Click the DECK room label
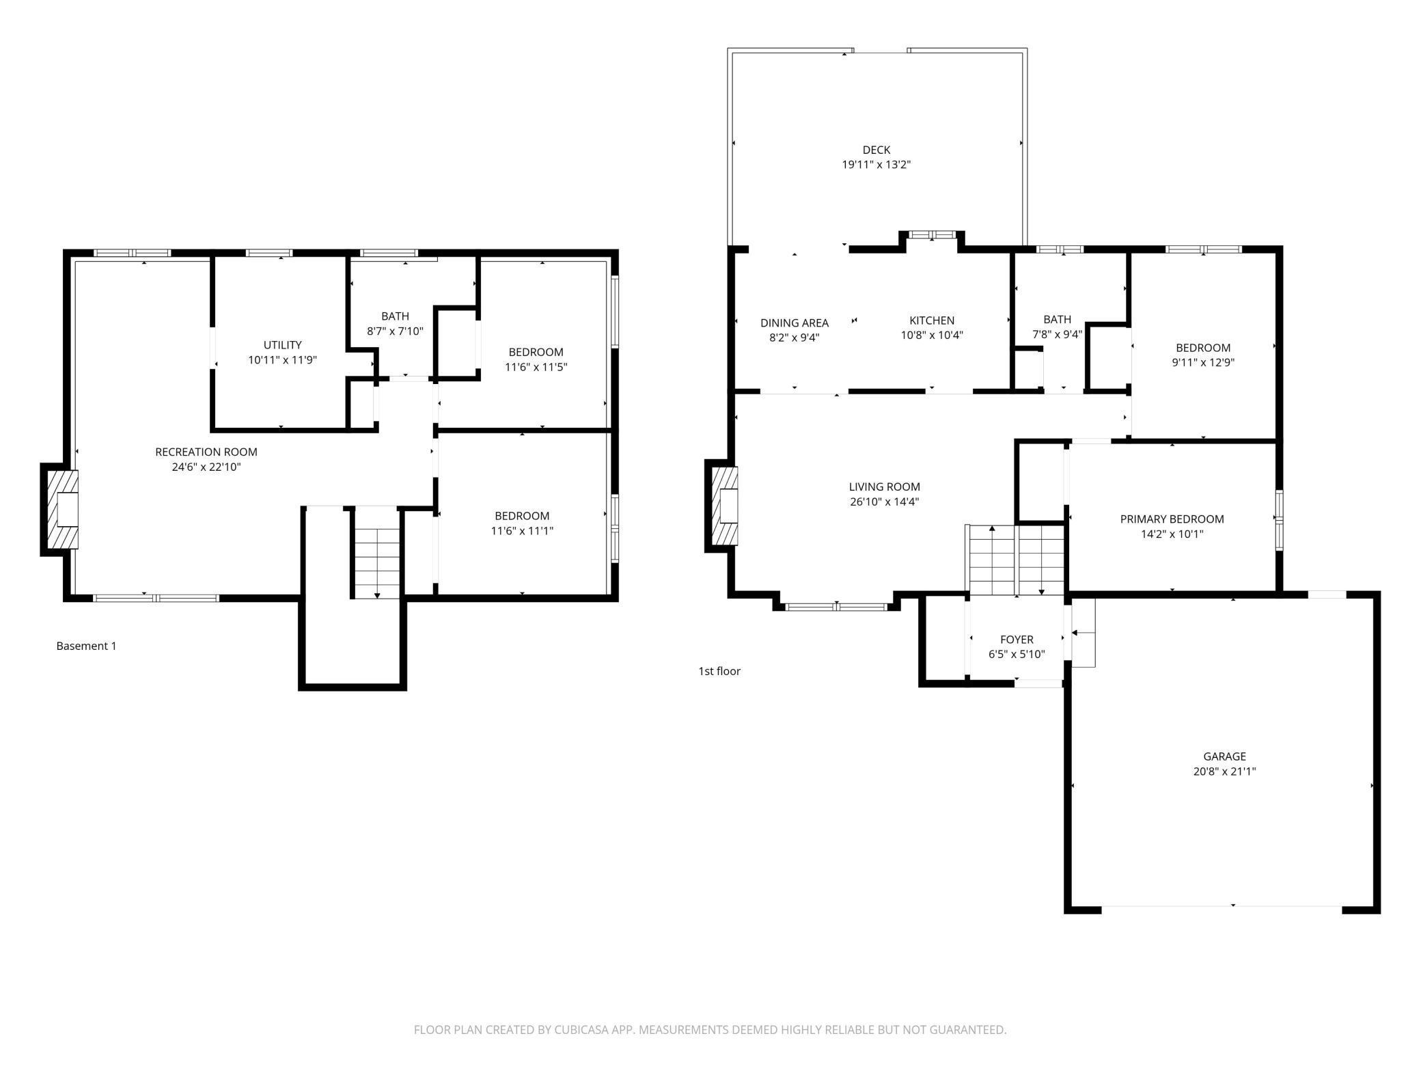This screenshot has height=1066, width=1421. pos(877,150)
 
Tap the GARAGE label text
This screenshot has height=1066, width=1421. pos(1224,756)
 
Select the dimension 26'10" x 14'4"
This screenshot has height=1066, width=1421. pos(884,502)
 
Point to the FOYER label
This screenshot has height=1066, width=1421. pos(1017,640)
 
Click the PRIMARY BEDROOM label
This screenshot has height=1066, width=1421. pos(1172,519)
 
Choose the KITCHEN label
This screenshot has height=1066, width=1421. pos(932,320)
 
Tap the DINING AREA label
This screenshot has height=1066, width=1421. pos(795,323)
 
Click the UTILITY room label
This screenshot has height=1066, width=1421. pos(283,345)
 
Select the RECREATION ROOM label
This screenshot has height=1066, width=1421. pos(206,452)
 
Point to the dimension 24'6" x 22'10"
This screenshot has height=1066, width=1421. pos(206,467)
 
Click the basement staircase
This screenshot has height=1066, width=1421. pos(376,553)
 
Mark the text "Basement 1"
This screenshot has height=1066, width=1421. pos(86,646)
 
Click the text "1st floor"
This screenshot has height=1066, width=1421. pos(719,671)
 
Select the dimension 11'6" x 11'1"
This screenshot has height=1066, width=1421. pos(522,531)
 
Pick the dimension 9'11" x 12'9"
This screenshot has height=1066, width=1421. pos(1203,363)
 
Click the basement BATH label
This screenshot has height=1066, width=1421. pos(395,316)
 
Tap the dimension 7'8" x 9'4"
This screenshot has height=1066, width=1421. pos(1057,335)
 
